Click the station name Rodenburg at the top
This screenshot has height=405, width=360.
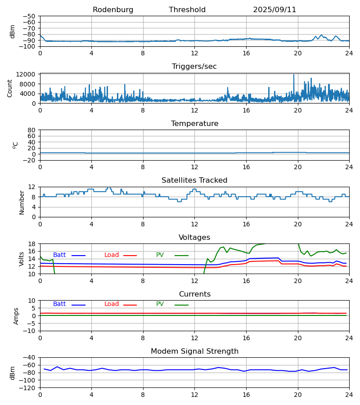click(x=113, y=10)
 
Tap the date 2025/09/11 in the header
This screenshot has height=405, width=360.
click(x=274, y=10)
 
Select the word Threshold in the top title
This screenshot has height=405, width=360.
click(x=187, y=10)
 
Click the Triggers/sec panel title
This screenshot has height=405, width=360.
click(x=194, y=67)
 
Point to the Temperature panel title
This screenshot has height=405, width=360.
click(x=194, y=124)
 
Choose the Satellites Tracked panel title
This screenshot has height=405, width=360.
click(x=194, y=180)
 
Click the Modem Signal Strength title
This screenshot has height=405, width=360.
click(x=194, y=351)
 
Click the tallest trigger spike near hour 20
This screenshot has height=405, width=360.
click(x=294, y=75)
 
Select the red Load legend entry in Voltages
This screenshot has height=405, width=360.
click(x=112, y=255)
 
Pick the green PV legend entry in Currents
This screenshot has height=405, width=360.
click(x=160, y=304)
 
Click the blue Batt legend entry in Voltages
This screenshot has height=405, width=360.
click(x=59, y=255)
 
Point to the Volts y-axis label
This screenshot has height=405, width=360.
click(x=22, y=259)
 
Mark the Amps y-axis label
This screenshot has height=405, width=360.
click(x=16, y=316)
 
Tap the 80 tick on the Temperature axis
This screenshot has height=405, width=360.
click(x=32, y=130)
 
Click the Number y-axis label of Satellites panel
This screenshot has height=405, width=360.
click(x=22, y=202)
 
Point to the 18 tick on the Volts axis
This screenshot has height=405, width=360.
click(x=32, y=244)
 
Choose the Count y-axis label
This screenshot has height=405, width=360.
click(x=10, y=88)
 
